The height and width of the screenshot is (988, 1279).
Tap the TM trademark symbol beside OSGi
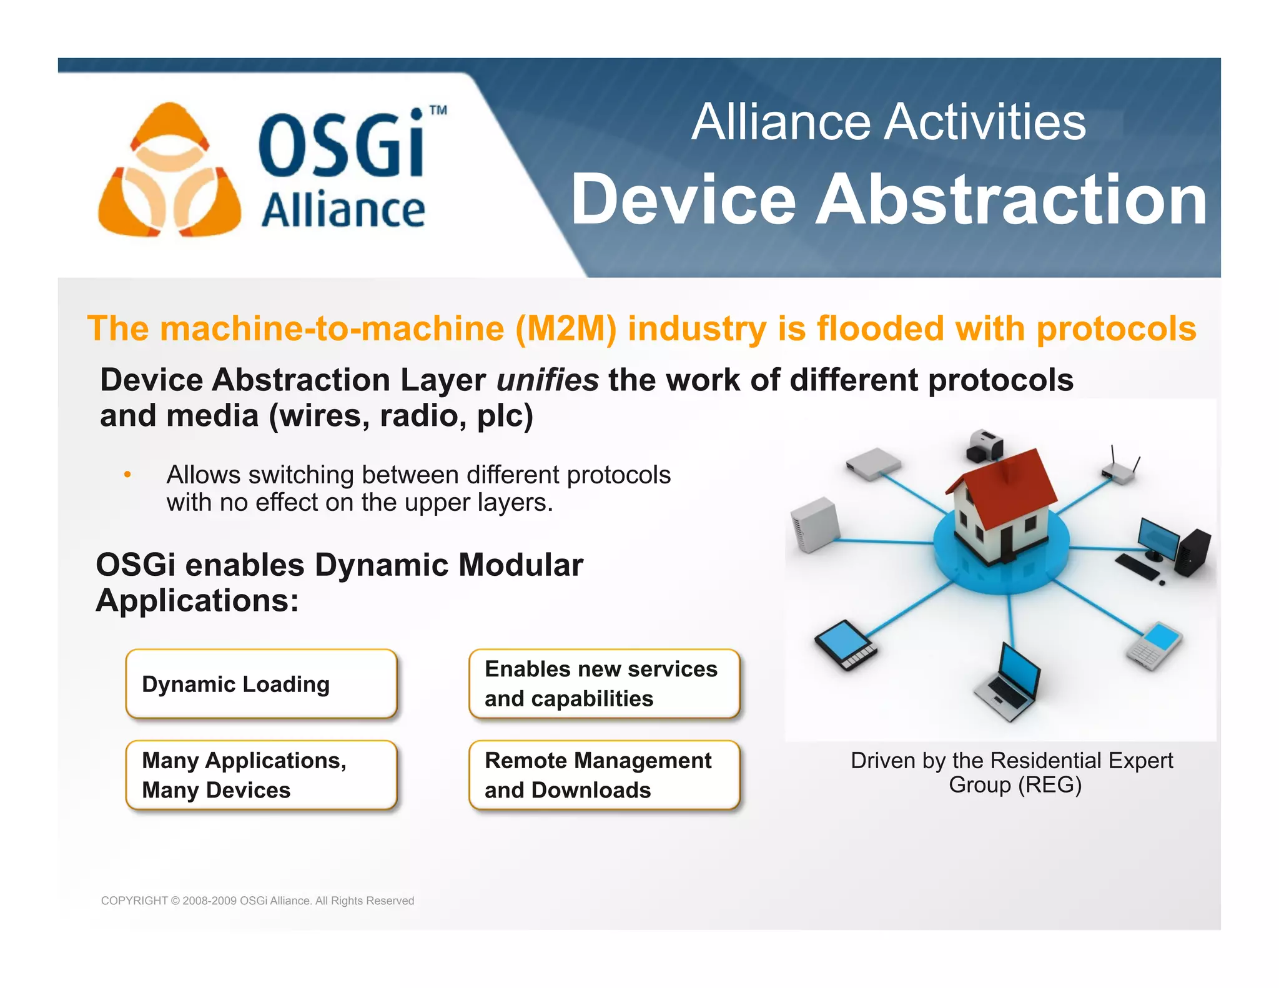click(438, 111)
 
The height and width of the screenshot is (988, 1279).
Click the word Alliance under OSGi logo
click(343, 210)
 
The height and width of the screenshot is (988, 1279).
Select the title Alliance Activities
click(888, 122)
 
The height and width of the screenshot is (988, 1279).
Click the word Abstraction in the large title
click(1012, 200)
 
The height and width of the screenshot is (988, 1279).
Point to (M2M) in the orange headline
click(566, 329)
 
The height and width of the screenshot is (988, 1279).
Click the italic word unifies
click(548, 380)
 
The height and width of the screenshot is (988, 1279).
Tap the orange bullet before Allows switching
click(127, 475)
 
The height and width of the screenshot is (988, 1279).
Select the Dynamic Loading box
click(261, 684)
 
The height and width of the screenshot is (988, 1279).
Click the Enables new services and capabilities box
click(604, 684)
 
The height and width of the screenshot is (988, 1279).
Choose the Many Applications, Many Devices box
click(261, 775)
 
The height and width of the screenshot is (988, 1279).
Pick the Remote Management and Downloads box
click(604, 775)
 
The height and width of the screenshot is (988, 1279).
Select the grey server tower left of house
click(814, 525)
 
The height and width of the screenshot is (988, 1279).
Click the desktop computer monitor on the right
click(1157, 537)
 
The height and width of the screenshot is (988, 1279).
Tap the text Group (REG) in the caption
click(1015, 785)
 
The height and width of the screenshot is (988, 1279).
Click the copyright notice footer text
click(257, 901)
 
